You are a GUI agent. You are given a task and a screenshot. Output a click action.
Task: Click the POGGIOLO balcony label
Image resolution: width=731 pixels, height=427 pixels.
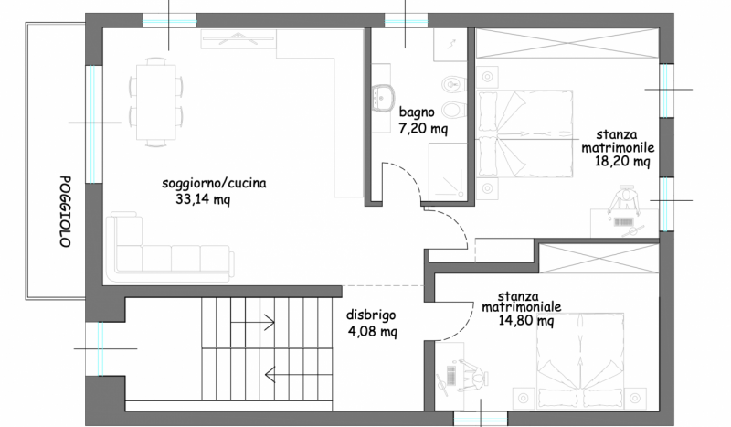pyautogui.click(x=65, y=211)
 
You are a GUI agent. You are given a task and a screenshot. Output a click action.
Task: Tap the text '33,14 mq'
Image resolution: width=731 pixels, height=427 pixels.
pyautogui.click(x=203, y=199)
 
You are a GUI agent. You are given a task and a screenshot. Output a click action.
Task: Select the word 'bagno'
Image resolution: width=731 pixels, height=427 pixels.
pyautogui.click(x=417, y=112)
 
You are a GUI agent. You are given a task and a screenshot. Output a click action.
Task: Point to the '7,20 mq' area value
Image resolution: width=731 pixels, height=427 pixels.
pyautogui.click(x=423, y=128)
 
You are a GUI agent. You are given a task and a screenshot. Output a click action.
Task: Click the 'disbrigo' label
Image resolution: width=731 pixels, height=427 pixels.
pyautogui.click(x=371, y=315)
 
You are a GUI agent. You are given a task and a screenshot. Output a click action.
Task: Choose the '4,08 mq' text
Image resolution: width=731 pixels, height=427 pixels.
pyautogui.click(x=373, y=332)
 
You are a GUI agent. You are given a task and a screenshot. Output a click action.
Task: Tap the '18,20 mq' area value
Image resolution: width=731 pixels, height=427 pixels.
pyautogui.click(x=622, y=162)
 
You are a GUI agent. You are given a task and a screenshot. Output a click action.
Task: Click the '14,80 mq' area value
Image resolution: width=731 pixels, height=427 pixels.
pyautogui.click(x=526, y=321)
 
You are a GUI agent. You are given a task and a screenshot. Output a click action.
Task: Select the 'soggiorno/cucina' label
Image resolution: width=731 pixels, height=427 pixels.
pyautogui.click(x=214, y=183)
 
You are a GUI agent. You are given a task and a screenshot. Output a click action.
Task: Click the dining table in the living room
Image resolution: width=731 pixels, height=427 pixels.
pyautogui.click(x=155, y=102)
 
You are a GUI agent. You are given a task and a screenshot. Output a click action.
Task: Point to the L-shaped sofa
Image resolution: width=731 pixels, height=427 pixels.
pyautogui.click(x=170, y=247)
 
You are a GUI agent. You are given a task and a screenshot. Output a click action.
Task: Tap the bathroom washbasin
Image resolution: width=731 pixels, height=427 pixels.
pyautogui.click(x=383, y=99)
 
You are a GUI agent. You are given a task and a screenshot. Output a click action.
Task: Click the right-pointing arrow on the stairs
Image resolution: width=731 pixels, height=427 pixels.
pyautogui.click(x=252, y=322)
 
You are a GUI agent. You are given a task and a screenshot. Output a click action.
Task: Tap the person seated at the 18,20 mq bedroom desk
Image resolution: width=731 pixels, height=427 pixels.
pyautogui.click(x=624, y=199)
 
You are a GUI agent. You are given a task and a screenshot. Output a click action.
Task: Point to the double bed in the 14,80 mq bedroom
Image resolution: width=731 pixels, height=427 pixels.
pyautogui.click(x=580, y=361)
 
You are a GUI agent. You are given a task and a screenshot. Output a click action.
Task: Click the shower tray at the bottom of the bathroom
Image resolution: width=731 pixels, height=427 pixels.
pyautogui.click(x=447, y=171)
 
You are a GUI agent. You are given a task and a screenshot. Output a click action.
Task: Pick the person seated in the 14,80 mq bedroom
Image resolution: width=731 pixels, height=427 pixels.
pyautogui.click(x=472, y=376)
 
